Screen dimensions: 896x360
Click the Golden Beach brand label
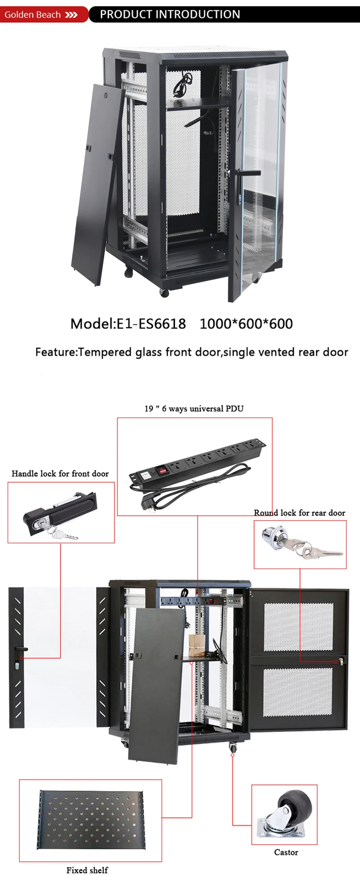[x=32, y=15]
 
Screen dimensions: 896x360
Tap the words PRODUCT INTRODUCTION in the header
[x=170, y=14]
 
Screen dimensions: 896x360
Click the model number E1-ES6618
[x=151, y=324]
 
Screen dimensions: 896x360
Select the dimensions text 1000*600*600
[x=246, y=324]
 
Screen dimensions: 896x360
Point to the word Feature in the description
[x=55, y=352]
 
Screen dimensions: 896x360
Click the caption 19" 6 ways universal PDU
[x=194, y=409]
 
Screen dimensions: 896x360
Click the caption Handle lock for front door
[x=60, y=473]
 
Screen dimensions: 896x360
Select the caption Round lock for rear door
[x=299, y=513]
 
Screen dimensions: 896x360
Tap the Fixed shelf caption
[x=87, y=870]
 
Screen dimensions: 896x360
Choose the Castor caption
[x=286, y=852]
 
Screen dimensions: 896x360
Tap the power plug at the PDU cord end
[x=147, y=503]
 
